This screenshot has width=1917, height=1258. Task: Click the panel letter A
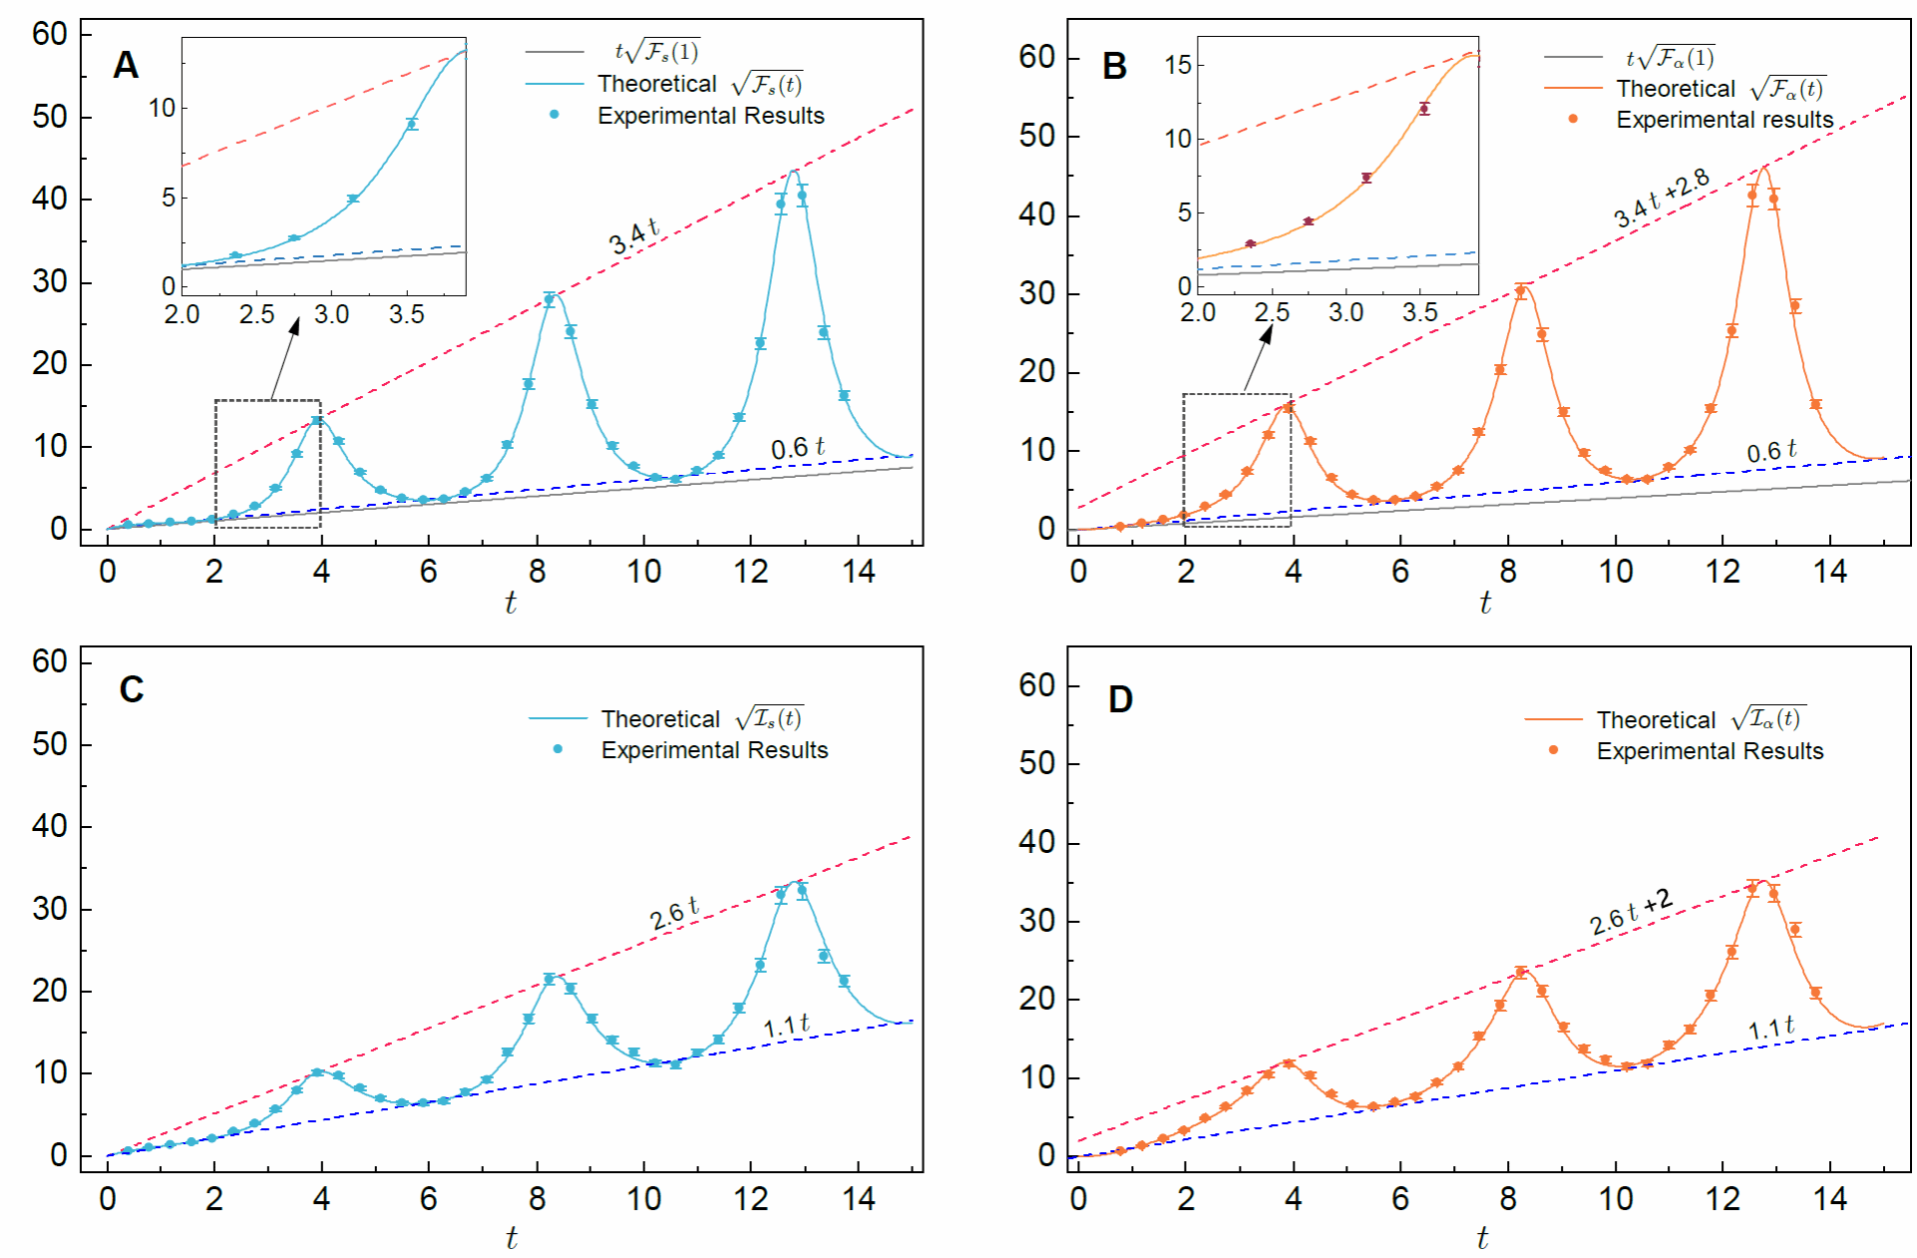pyautogui.click(x=126, y=65)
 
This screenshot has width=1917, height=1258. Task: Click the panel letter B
pyautogui.click(x=1114, y=66)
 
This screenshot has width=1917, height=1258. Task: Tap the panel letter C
pyautogui.click(x=132, y=689)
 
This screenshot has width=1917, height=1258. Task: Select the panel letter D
pyautogui.click(x=1120, y=699)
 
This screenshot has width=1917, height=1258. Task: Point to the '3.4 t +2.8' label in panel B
pyautogui.click(x=1662, y=198)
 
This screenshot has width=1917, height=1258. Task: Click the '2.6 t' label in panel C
pyautogui.click(x=674, y=914)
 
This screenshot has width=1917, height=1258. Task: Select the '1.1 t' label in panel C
pyautogui.click(x=787, y=1026)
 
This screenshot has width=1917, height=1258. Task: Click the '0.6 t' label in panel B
pyautogui.click(x=1771, y=451)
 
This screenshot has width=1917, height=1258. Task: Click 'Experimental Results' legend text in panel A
pyautogui.click(x=711, y=116)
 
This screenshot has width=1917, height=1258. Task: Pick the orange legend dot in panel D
pyautogui.click(x=1553, y=750)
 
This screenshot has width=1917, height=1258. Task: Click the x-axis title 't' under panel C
pyautogui.click(x=511, y=1238)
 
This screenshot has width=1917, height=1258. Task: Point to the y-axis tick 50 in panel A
pyautogui.click(x=50, y=117)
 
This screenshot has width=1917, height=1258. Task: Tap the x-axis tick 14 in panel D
pyautogui.click(x=1829, y=1198)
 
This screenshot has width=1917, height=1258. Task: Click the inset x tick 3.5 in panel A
pyautogui.click(x=406, y=315)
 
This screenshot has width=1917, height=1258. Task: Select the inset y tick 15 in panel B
pyautogui.click(x=1178, y=65)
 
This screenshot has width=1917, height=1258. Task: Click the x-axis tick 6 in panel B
pyautogui.click(x=1400, y=572)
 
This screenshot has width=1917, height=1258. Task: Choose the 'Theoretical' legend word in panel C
pyautogui.click(x=660, y=719)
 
